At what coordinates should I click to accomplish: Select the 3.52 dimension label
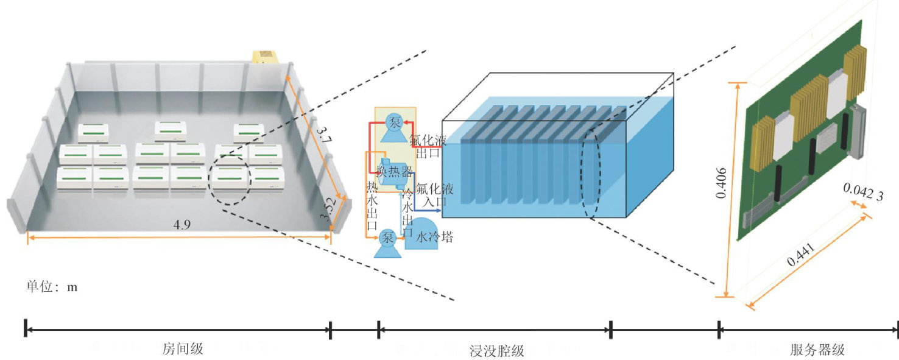tap(329, 213)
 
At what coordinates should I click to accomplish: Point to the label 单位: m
tap(52, 286)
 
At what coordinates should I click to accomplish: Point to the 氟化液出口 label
tap(428, 146)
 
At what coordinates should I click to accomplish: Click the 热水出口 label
tap(372, 207)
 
